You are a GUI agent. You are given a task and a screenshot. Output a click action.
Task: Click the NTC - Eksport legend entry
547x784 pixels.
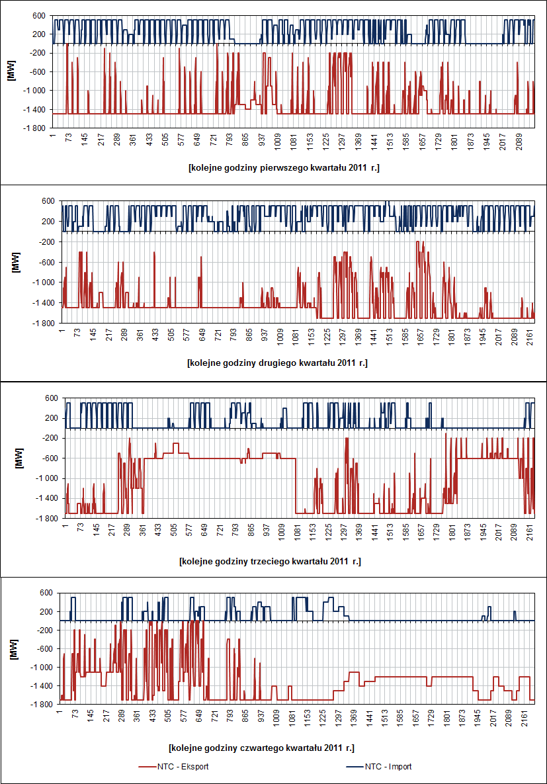pos(185,767)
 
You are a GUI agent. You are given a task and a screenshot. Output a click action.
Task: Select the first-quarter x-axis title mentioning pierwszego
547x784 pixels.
pos(283,168)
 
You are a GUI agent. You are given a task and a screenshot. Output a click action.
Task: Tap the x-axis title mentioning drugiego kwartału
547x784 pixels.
pos(277,363)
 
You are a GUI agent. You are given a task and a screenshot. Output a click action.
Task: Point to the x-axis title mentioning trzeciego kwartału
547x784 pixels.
pos(269,561)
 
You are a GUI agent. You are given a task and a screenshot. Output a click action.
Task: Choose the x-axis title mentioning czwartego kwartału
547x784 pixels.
pos(261,748)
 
